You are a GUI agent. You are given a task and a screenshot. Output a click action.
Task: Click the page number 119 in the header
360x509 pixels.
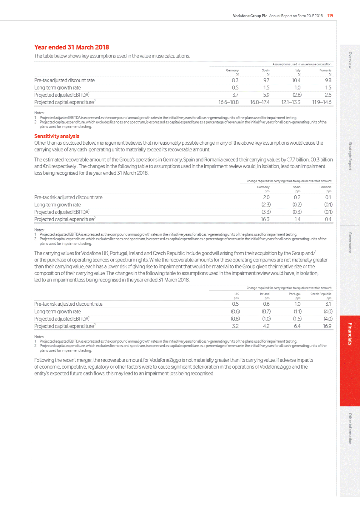330,16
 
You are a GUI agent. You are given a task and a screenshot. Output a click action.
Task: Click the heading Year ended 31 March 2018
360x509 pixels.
71,47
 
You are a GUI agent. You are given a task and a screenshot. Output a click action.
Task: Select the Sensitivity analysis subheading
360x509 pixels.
57,136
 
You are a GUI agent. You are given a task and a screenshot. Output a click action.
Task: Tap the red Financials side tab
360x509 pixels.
350,334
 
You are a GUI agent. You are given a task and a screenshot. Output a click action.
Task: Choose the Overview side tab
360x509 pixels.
350,60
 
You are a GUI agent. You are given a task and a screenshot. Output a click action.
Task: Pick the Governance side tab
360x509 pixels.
350,243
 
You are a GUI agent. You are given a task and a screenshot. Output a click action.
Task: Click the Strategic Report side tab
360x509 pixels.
350,156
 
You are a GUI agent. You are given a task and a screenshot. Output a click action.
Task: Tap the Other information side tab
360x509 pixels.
350,429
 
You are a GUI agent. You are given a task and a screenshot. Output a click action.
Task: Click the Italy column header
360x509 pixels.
297,70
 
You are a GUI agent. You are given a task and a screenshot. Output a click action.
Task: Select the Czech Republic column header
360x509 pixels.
321,294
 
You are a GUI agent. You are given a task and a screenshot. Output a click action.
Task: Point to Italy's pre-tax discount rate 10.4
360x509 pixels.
296,81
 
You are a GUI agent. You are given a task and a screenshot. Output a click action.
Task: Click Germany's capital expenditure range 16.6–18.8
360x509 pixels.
228,103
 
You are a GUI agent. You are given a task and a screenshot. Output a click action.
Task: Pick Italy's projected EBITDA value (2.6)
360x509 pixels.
297,95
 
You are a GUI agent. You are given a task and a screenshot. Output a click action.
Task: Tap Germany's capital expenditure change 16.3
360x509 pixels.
265,219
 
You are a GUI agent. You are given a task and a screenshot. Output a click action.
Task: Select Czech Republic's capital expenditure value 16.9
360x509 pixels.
327,326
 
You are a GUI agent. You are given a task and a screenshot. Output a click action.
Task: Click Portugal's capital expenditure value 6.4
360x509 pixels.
297,326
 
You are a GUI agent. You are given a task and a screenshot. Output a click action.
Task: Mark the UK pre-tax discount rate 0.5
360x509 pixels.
235,304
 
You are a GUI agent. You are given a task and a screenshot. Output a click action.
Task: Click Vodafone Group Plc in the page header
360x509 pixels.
250,16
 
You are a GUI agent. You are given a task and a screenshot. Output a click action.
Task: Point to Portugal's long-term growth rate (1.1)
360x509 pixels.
297,311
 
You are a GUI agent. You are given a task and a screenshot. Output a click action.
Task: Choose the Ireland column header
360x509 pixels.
265,294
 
